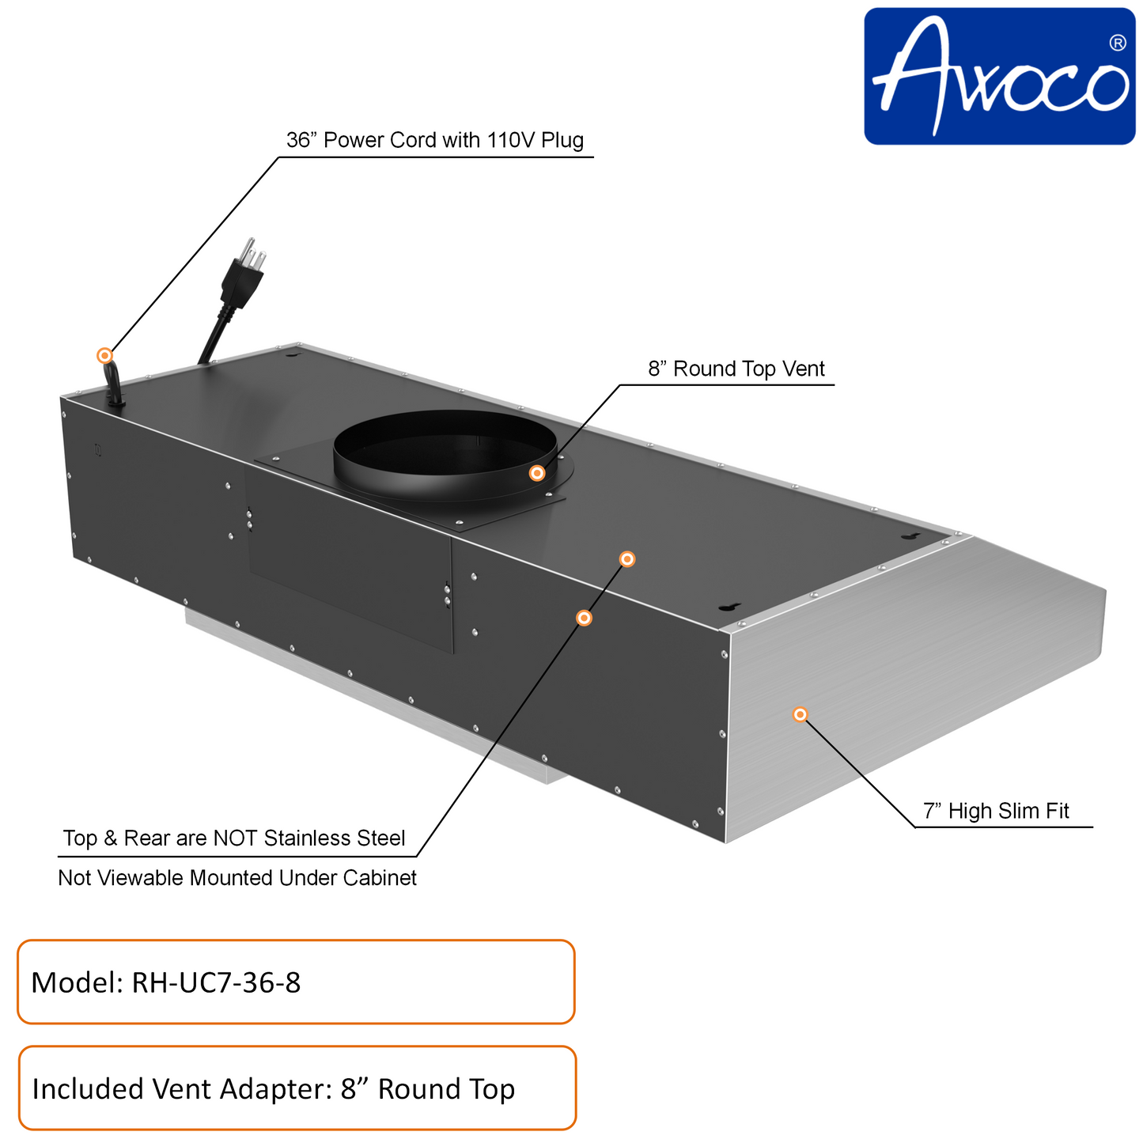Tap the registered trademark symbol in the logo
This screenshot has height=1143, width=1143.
[x=1117, y=44]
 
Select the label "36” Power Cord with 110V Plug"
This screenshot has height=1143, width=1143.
[x=434, y=140]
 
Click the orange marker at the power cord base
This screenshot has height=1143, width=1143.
[x=104, y=355]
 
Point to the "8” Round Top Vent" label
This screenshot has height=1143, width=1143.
[x=736, y=369]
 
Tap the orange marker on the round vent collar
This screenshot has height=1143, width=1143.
[x=536, y=473]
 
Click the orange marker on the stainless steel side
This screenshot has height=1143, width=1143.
[x=800, y=714]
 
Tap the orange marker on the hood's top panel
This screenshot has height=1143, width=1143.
[x=626, y=559]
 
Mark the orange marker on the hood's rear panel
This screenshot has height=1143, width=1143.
[x=584, y=618]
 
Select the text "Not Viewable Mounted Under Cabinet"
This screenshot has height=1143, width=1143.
[x=237, y=878]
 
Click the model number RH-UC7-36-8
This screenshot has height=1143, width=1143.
[x=216, y=982]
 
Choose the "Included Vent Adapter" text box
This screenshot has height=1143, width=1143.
[x=297, y=1088]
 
